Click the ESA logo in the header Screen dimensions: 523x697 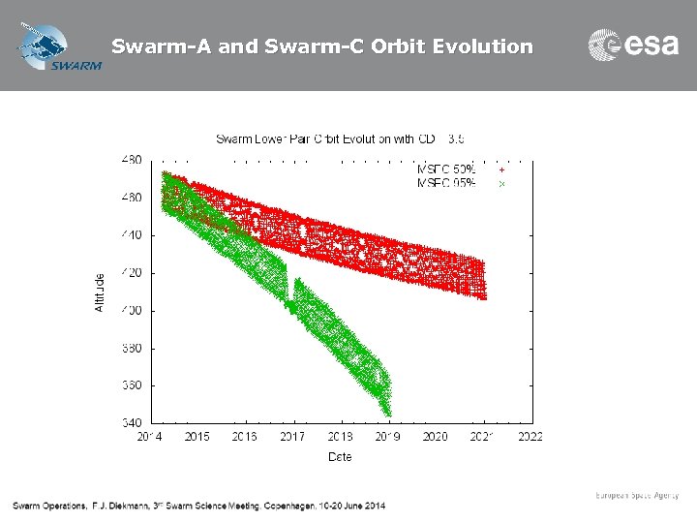633,46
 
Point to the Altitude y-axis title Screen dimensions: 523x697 100,292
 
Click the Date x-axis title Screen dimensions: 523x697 340,455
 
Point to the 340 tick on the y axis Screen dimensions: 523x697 131,422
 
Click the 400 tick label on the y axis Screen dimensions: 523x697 131,310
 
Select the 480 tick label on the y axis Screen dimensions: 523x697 131,160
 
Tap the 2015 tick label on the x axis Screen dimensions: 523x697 197,437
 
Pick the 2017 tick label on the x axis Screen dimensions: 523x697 292,437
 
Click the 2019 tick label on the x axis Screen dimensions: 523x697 388,437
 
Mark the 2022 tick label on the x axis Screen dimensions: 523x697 530,437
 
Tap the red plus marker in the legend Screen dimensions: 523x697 501,169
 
